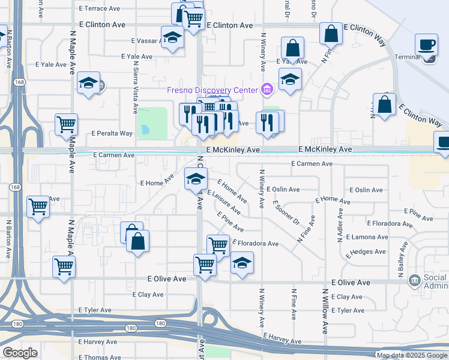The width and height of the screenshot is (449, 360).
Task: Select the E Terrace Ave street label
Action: tap(100, 9)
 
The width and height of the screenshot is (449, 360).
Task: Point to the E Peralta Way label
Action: tap(112, 133)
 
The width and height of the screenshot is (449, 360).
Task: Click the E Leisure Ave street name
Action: tap(223, 203)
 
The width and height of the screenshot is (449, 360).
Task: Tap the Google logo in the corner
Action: tap(20, 353)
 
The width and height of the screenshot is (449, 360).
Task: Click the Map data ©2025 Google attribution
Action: tap(412, 356)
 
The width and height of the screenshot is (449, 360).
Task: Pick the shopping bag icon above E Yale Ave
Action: tap(292, 47)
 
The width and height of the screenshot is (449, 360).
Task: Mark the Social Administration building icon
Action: tap(414, 280)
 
